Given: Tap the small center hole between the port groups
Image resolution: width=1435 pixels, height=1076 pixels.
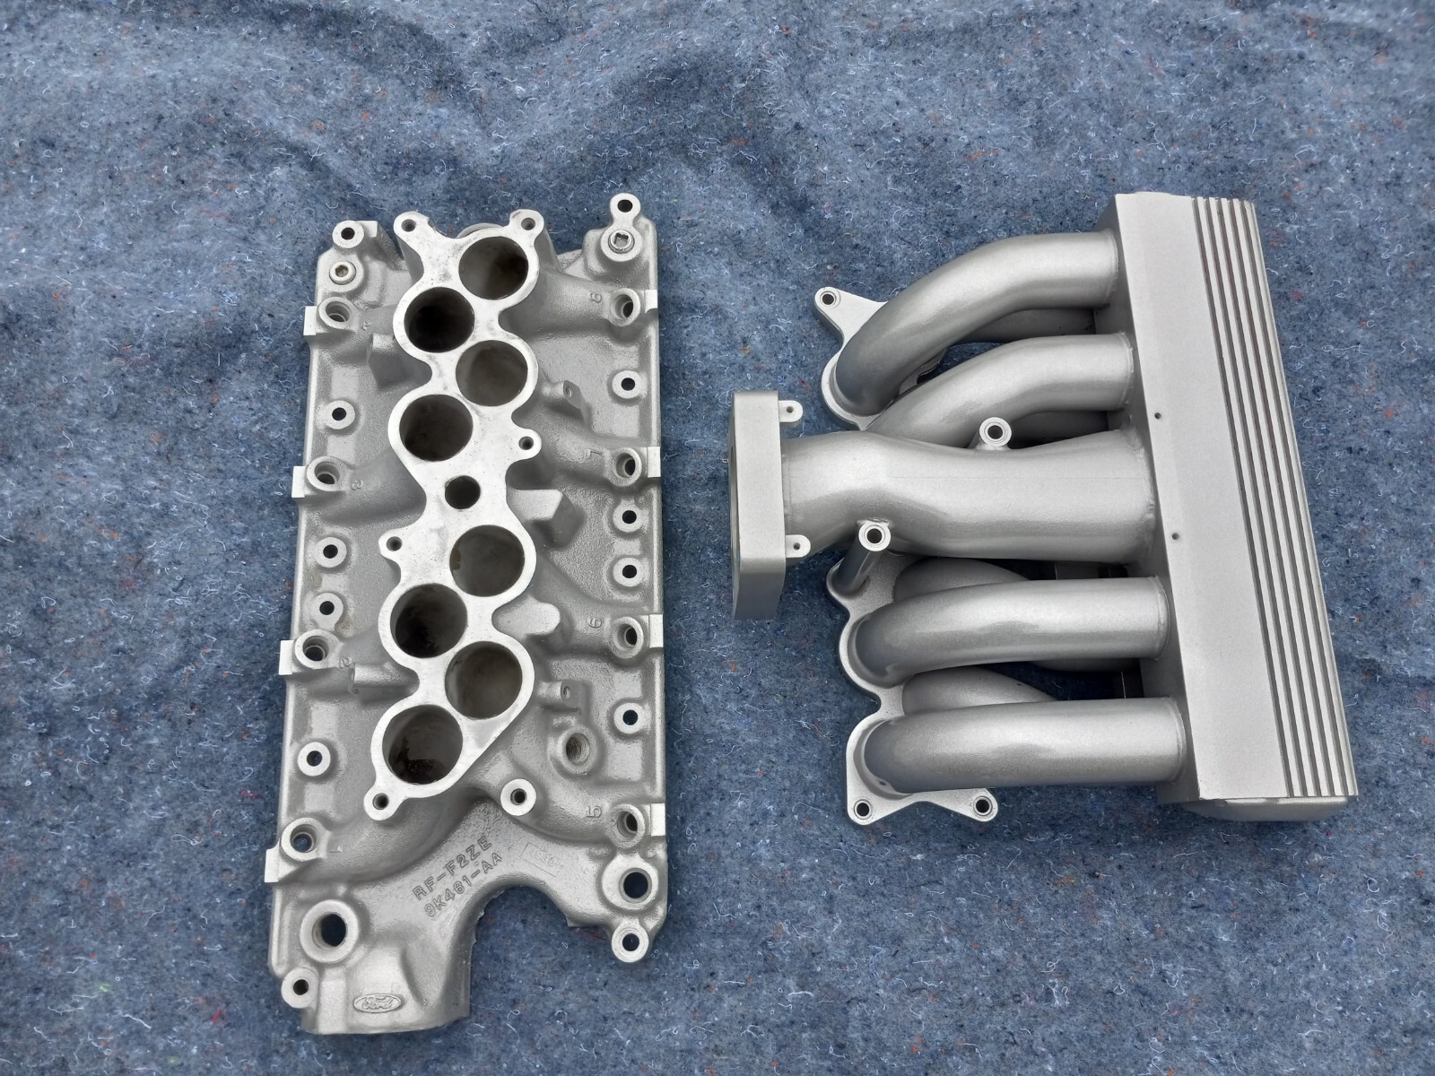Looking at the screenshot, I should click(x=461, y=491).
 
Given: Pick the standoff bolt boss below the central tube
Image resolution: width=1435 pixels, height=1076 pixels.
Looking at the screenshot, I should click(x=870, y=538).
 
